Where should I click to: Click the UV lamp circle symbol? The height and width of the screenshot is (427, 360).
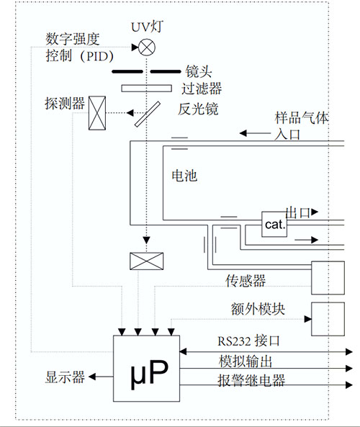click(146, 48)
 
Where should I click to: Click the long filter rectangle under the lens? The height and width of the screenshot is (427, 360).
click(146, 89)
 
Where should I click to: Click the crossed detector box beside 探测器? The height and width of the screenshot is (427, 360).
click(97, 113)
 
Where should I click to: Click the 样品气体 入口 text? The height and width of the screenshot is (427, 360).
click(301, 126)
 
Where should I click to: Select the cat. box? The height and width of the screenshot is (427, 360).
click(274, 225)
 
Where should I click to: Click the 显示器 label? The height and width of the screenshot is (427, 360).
click(66, 376)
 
